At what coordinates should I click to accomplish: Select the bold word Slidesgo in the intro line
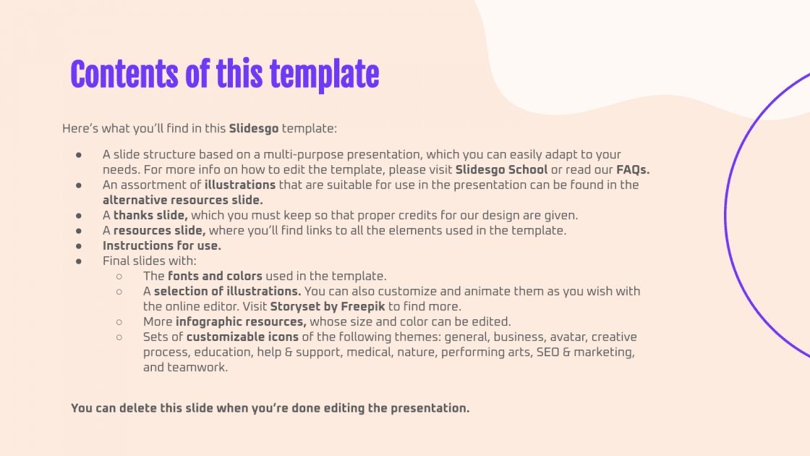[x=254, y=129]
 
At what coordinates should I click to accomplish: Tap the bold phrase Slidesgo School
[x=501, y=170]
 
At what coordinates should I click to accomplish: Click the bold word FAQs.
[x=633, y=170]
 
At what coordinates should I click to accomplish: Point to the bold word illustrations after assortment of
[x=240, y=185]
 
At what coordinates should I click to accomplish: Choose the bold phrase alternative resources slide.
[x=183, y=200]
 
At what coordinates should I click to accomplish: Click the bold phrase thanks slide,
[x=150, y=216]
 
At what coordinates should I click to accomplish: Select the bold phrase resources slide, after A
[x=159, y=231]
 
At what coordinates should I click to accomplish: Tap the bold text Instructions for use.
[x=162, y=246]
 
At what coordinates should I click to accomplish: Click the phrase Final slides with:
[x=150, y=261]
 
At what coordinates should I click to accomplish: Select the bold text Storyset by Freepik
[x=328, y=307]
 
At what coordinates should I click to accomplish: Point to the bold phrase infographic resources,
[x=241, y=322]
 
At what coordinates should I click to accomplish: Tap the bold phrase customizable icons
[x=242, y=337]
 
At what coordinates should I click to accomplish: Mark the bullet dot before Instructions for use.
[x=79, y=246]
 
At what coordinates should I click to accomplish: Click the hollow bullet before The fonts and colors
[x=119, y=276]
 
